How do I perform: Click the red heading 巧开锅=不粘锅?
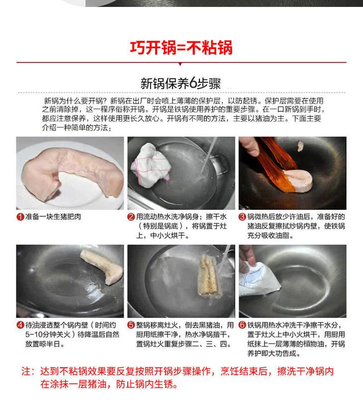click(x=181, y=48)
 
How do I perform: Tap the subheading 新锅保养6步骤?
click(x=181, y=83)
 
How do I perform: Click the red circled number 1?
click(x=20, y=217)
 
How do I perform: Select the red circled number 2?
click(x=131, y=217)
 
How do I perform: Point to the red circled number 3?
click(x=242, y=217)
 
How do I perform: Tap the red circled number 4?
click(x=20, y=325)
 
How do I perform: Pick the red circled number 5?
click(x=131, y=325)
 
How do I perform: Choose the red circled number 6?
click(x=242, y=325)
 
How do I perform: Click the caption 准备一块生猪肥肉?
click(x=53, y=217)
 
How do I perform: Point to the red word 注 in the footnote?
click(x=26, y=371)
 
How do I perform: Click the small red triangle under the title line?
click(x=180, y=64)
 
